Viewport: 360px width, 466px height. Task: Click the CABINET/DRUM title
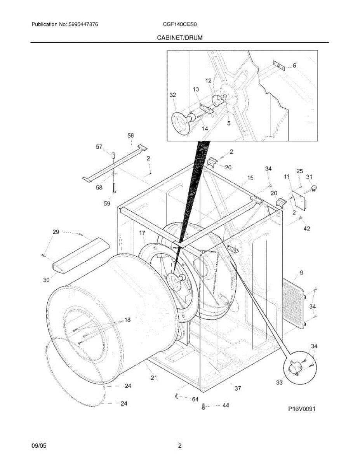[x=179, y=38]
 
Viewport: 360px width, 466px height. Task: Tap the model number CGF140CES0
[x=180, y=24]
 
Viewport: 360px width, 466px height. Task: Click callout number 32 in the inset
[x=173, y=95]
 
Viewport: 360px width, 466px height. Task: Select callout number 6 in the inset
[x=294, y=66]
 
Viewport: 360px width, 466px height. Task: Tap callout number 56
[x=131, y=136]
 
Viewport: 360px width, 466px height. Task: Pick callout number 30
[x=46, y=280]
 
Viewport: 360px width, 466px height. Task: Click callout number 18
[x=127, y=320]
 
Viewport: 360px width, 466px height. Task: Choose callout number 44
[x=226, y=405]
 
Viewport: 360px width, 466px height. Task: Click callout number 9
[x=301, y=273]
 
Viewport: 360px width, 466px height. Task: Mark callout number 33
[x=279, y=383]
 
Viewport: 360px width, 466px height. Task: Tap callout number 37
[x=238, y=388]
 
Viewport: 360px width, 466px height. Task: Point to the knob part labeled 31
[x=314, y=188]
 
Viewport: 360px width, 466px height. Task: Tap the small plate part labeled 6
[x=279, y=66]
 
